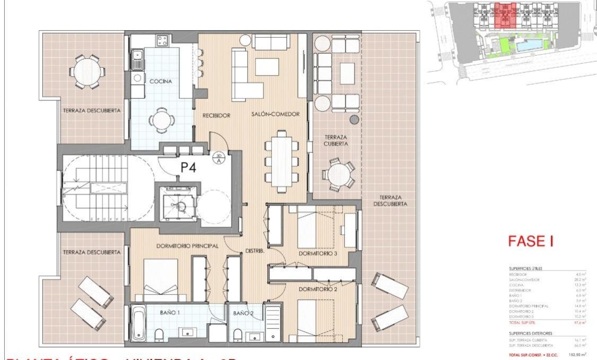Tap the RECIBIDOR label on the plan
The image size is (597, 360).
tap(215, 115)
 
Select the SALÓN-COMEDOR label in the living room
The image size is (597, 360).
tap(275, 114)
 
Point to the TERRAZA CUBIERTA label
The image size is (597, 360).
tap(336, 140)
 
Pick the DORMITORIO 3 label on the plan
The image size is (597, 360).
tap(318, 253)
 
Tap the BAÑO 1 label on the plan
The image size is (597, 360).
tap(170, 313)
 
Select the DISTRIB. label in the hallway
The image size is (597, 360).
tap(255, 251)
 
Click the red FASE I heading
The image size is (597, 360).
tap(530, 242)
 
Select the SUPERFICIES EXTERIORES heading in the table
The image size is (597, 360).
tap(530, 333)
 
